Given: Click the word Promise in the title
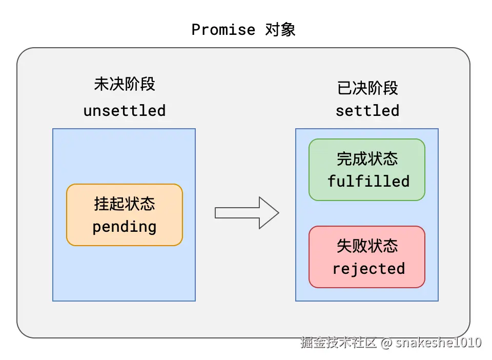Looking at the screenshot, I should (x=223, y=30).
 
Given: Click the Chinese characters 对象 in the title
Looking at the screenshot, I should (x=280, y=30).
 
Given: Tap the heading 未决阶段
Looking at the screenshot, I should (x=125, y=84).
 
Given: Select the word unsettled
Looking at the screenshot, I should (x=125, y=111).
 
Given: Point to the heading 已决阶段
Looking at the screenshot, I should (x=367, y=88).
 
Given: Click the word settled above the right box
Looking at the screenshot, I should (x=367, y=111).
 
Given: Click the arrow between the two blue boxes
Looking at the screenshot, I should (x=246, y=212).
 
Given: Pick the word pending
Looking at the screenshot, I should (x=125, y=227).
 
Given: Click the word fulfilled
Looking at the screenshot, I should (x=368, y=182).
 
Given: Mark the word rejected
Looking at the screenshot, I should (x=368, y=269).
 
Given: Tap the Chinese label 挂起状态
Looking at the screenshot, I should (x=125, y=204).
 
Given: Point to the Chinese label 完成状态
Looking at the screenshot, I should (x=367, y=158).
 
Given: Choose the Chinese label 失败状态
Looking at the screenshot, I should (x=367, y=246).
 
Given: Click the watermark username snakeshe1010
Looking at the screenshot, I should (x=439, y=343).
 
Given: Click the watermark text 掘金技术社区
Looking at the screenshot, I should (x=339, y=343).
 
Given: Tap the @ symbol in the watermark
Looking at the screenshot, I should (x=386, y=343).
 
